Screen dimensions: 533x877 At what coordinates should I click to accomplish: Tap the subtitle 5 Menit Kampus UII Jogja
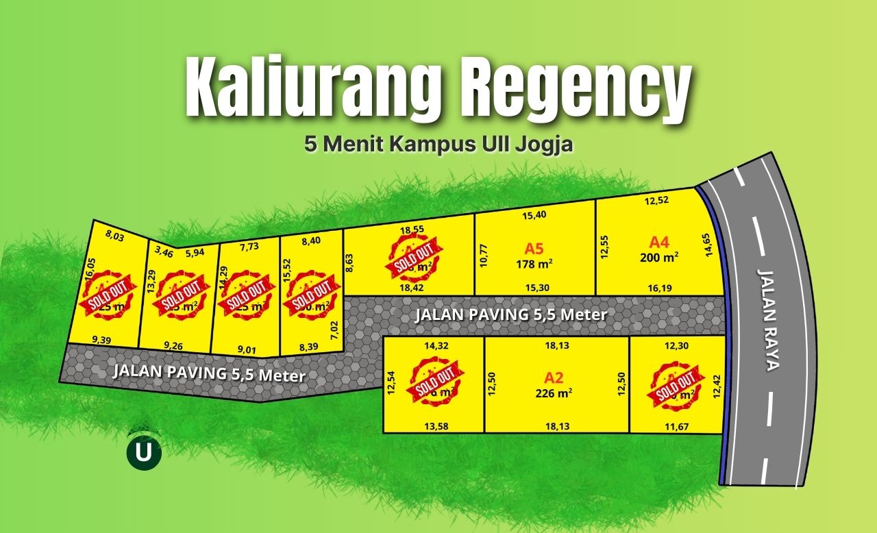point(438,145)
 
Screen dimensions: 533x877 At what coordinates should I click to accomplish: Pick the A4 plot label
point(658,242)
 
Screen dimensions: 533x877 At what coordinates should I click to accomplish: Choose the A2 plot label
point(554,377)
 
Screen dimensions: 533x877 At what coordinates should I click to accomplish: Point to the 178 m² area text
point(534,263)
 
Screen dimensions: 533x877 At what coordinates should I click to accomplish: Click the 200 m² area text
point(659,257)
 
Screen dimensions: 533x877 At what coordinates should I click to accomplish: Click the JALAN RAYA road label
point(768,319)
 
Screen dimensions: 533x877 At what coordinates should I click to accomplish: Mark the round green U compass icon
point(144,452)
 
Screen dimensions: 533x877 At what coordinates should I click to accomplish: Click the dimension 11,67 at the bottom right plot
point(676,427)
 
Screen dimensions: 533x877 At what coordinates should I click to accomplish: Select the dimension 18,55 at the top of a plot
point(411,230)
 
